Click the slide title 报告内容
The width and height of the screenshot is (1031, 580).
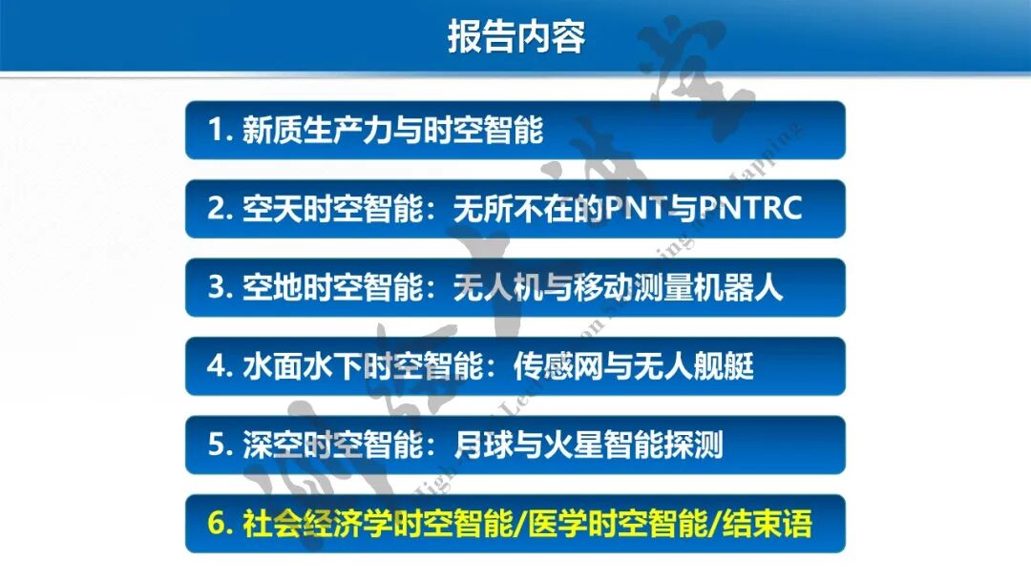click(515, 36)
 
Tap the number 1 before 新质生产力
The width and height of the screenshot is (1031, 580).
click(216, 131)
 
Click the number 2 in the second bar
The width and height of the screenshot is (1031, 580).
click(217, 209)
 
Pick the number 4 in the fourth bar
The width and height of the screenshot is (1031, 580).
click(217, 366)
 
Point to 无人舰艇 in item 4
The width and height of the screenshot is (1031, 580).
click(692, 366)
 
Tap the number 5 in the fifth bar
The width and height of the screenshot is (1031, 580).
click(217, 445)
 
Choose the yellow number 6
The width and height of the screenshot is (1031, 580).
click(217, 524)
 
